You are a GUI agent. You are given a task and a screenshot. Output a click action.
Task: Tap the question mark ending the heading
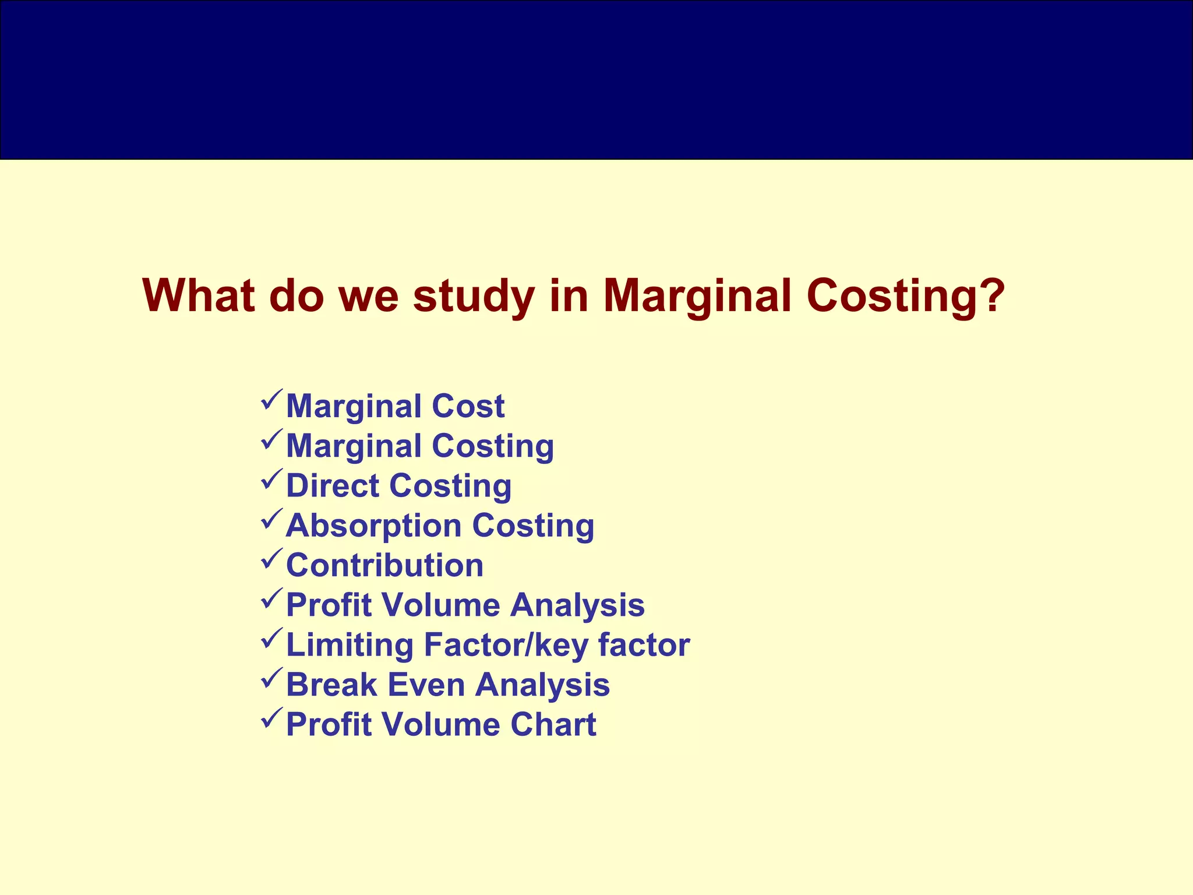[x=991, y=296]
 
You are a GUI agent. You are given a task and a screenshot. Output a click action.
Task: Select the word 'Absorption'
[x=373, y=526]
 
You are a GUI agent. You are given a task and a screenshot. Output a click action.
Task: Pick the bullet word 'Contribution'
[x=384, y=565]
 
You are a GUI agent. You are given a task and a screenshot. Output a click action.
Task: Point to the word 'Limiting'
[x=350, y=645]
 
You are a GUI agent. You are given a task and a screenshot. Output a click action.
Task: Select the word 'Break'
[x=331, y=685]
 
